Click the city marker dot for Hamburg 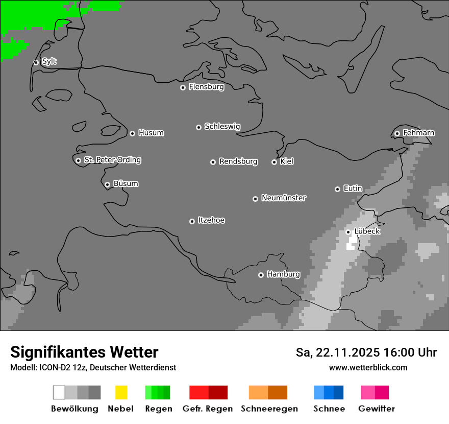pos(261,275)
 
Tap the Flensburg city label pos(206,87)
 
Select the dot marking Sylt pos(36,62)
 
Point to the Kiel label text pos(287,161)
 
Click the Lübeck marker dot pos(348,232)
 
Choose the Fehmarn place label pos(418,133)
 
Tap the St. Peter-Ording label pos(112,160)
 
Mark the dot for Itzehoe pos(192,221)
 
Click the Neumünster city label pos(284,198)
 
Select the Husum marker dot pos(132,133)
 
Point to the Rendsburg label pos(238,161)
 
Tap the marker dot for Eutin pos(337,189)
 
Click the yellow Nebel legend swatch pos(121,392)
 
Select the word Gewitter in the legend pos(377,409)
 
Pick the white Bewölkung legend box pos(59,392)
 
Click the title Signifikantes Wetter pos(84,352)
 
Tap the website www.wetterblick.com pos(368,367)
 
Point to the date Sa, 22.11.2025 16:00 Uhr pos(366,352)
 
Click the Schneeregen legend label pos(269,409)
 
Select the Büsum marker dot pos(107,184)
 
